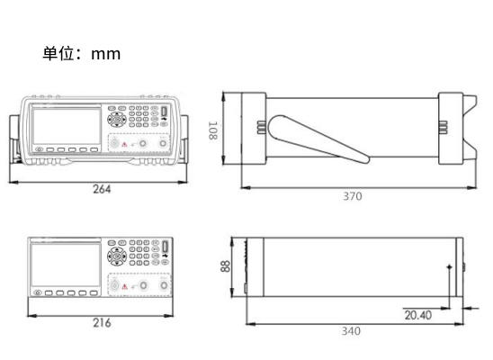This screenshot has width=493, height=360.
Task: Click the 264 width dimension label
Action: click(x=102, y=189)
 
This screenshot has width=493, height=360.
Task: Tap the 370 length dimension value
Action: click(x=353, y=196)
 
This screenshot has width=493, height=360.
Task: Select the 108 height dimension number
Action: click(x=213, y=130)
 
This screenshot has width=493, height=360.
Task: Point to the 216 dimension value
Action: click(x=102, y=323)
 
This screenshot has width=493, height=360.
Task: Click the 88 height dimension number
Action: click(x=226, y=266)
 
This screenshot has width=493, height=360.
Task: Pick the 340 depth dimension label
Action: click(x=351, y=331)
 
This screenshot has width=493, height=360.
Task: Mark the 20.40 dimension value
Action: click(x=417, y=315)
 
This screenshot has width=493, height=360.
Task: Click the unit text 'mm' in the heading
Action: click(x=105, y=54)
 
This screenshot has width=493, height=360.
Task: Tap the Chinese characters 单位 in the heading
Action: click(x=58, y=53)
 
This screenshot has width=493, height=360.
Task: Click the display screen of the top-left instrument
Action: click(x=67, y=126)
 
